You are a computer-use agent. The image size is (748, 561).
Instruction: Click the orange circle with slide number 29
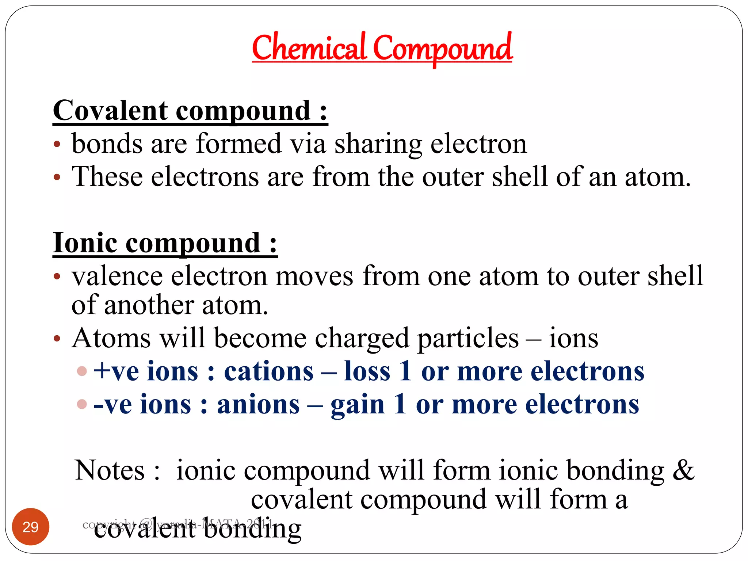31,527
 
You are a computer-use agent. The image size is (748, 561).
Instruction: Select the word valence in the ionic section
117,276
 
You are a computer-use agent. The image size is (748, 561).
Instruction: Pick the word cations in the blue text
268,371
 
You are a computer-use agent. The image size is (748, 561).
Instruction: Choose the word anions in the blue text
258,405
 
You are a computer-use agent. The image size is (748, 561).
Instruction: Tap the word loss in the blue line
367,371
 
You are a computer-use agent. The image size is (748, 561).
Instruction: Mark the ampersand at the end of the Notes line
683,470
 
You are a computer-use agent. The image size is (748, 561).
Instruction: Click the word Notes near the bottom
110,470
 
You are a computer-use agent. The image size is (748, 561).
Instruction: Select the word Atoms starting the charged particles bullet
111,338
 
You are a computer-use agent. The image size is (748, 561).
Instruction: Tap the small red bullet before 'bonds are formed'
57,144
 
